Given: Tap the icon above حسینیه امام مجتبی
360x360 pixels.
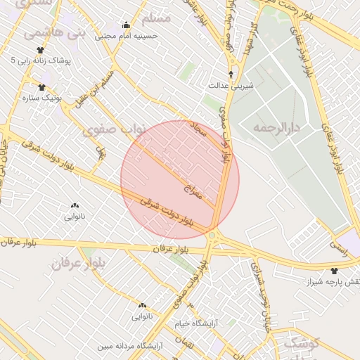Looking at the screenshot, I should [x=126, y=25].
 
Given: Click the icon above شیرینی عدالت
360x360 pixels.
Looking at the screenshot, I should [x=231, y=74].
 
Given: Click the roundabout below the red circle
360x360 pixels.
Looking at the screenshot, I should [x=212, y=235].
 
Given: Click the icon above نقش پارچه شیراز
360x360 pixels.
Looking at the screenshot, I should [x=333, y=271].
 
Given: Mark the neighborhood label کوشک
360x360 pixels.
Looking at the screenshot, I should [x=300, y=344].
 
